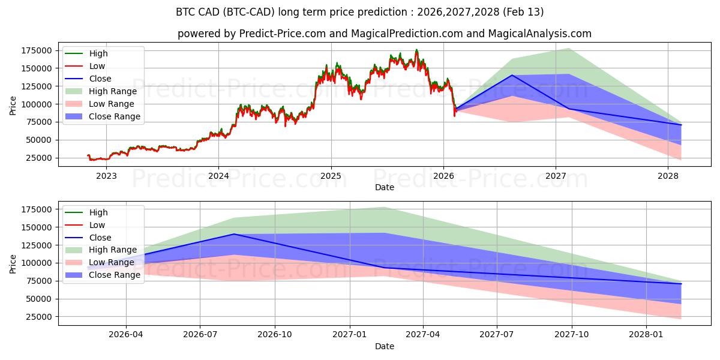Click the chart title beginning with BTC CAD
pos(359,12)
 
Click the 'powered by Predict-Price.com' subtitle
pos(384,34)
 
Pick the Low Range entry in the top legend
pos(111,104)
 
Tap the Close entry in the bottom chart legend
pos(100,238)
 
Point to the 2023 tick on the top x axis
pos(106,176)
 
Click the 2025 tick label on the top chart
pos(331,176)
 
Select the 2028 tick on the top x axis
pos(668,176)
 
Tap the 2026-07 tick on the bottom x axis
pos(200,335)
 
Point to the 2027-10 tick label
pos(571,335)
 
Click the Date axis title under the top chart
pos(384,187)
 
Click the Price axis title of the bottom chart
pos(13,263)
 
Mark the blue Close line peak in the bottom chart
pos(233,234)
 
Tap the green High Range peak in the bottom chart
pos(384,207)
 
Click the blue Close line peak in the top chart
pos(512,75)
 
